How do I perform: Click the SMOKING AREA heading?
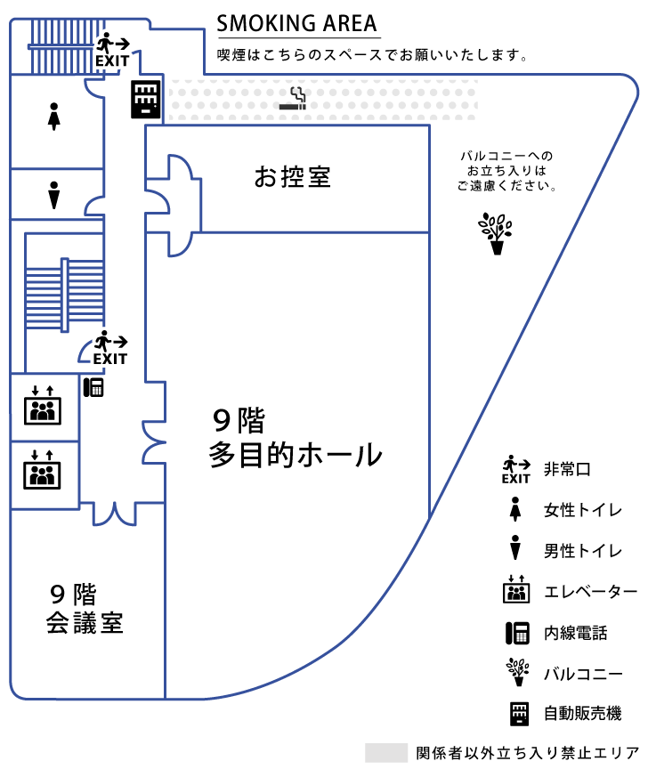(x=297, y=23)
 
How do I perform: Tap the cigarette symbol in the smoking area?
(x=294, y=100)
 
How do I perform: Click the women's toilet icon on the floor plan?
(x=54, y=115)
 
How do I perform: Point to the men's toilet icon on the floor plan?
(x=54, y=195)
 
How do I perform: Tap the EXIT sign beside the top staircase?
(x=113, y=51)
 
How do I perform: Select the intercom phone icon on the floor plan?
(x=93, y=387)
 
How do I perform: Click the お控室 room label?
(x=292, y=177)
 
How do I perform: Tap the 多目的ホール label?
(x=296, y=455)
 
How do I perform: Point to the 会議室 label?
(x=85, y=622)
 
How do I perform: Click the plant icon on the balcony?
(x=497, y=233)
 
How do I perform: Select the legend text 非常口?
(x=567, y=469)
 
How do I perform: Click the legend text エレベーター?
(x=590, y=592)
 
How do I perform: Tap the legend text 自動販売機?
(x=582, y=713)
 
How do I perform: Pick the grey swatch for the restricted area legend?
(x=385, y=752)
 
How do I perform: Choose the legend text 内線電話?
(x=575, y=633)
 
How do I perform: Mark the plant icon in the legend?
(x=516, y=672)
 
